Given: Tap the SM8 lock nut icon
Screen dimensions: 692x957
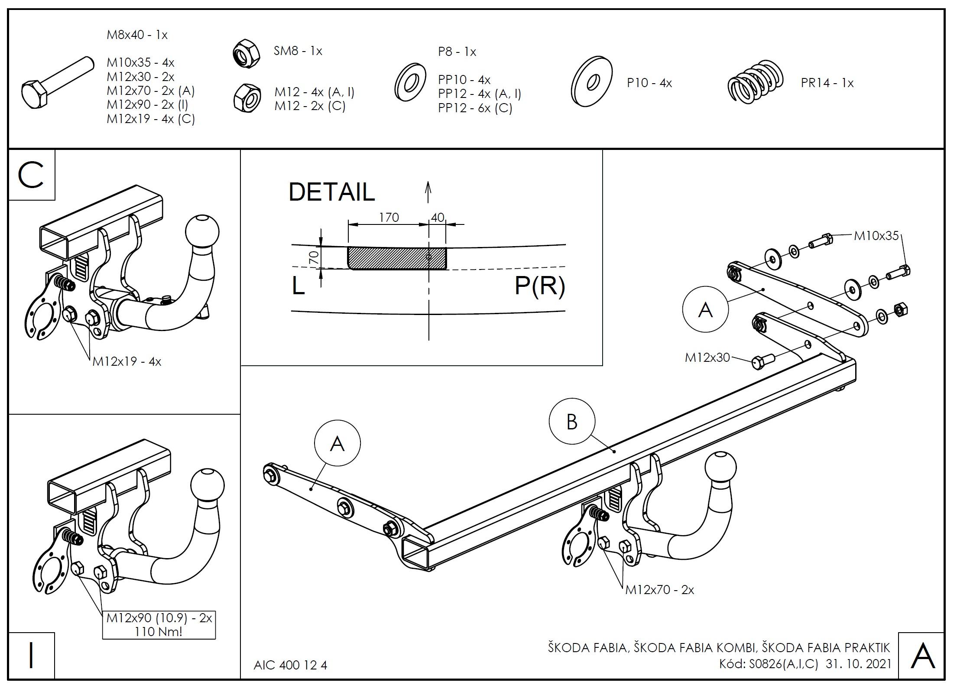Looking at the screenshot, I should (246, 53).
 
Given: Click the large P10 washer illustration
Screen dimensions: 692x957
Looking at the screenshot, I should (591, 81).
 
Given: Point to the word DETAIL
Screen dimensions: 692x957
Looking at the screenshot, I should (331, 192).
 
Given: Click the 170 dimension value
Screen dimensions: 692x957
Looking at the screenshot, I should (389, 217).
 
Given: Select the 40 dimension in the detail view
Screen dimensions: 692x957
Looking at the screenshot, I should (438, 217).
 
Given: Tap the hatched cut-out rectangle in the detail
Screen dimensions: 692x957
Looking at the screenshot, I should (396, 258).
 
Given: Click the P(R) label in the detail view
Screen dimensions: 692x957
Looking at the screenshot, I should (539, 286).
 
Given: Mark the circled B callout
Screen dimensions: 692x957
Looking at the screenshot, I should (572, 421).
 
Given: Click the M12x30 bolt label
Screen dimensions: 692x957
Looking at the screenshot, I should (707, 357).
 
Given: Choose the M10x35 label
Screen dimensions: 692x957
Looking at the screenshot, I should (876, 236).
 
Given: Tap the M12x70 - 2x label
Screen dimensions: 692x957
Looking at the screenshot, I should (659, 590).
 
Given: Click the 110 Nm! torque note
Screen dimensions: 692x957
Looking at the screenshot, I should (159, 631).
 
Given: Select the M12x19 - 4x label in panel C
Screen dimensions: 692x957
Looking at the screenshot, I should (127, 361).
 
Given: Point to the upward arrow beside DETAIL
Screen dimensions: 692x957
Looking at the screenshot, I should (428, 192).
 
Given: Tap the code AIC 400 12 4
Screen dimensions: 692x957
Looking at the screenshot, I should (290, 665).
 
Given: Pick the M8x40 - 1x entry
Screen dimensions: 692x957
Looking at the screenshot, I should (137, 35).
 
